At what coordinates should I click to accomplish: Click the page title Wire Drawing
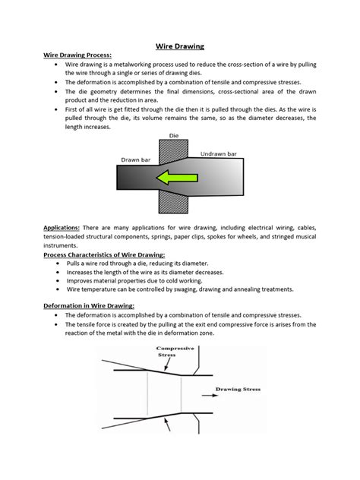[180, 46]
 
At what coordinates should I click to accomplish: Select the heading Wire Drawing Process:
[77, 55]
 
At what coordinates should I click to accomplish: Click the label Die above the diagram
[172, 136]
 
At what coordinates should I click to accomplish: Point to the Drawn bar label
[137, 159]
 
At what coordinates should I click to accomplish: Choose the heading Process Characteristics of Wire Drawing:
[114, 255]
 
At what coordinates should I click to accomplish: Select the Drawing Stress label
[238, 389]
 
